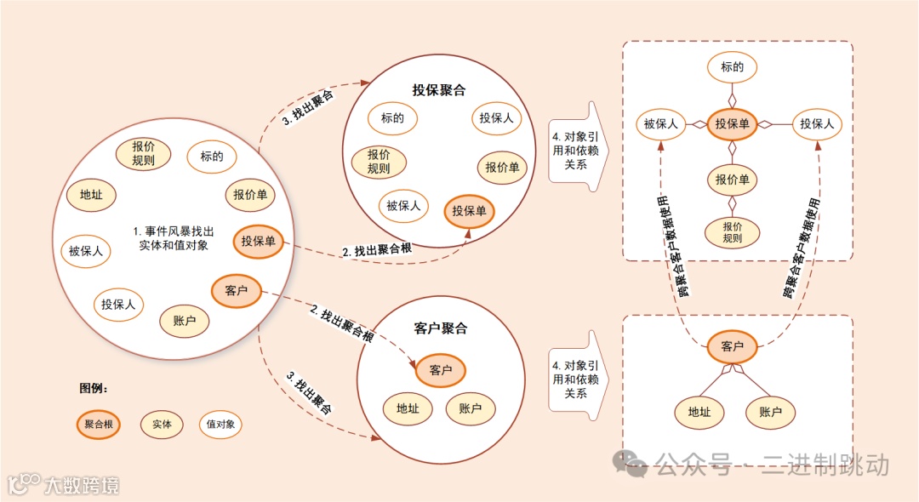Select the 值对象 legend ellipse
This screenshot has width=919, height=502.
[220, 424]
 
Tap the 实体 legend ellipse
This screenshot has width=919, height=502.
[162, 424]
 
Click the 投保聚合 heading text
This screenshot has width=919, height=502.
[438, 89]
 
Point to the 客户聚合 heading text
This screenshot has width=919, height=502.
[440, 328]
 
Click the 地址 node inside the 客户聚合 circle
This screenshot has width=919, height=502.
[408, 409]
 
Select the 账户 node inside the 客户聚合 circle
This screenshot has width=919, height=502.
[470, 409]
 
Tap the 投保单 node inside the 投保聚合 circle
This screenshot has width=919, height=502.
[469, 211]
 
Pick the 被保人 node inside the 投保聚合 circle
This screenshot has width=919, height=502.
[403, 205]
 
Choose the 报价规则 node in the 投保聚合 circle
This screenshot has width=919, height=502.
[379, 162]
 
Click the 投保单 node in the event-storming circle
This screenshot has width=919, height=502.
[258, 241]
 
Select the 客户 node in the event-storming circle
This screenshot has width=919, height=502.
[236, 290]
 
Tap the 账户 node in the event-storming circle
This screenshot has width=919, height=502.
[185, 321]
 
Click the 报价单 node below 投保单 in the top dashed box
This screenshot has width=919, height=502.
[732, 180]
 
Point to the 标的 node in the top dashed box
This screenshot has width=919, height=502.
[732, 67]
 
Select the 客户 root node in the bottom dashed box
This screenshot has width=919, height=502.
[732, 346]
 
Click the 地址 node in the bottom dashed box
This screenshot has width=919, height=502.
[699, 413]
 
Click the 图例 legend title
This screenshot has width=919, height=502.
[94, 388]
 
